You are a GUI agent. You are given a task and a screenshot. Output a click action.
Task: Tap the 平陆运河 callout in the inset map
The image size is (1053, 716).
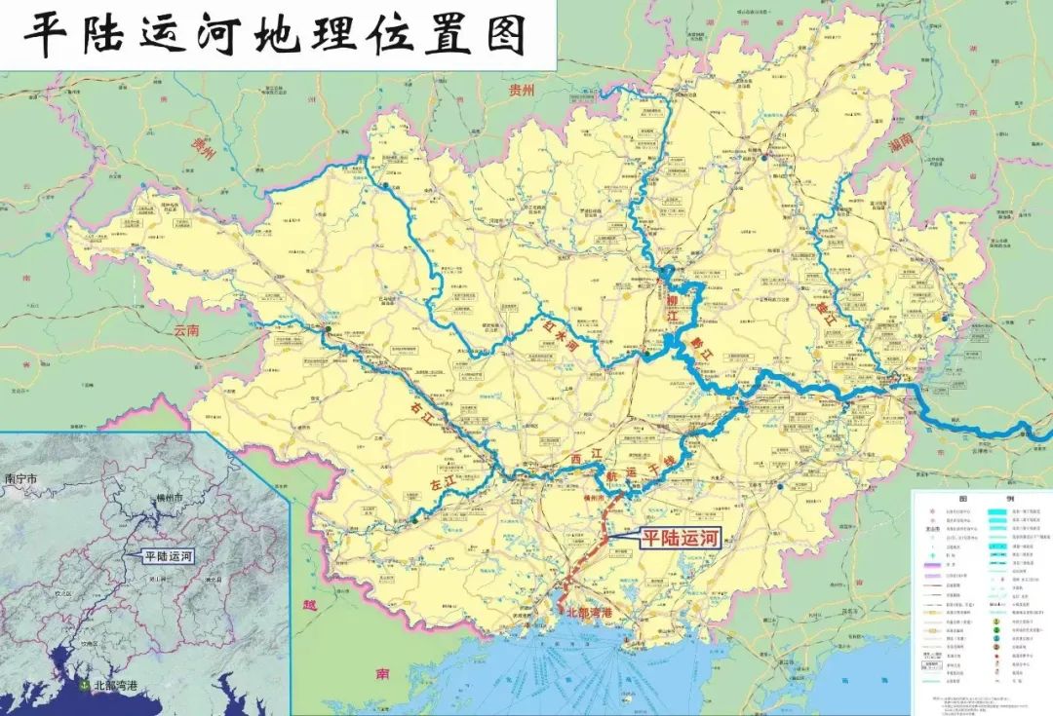(x=168, y=556)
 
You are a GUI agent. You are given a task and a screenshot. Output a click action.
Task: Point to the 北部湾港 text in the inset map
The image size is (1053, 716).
(x=115, y=685)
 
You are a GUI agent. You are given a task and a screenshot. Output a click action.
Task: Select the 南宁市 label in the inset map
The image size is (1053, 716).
(x=20, y=478)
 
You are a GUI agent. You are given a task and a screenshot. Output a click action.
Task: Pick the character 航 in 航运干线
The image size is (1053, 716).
(x=613, y=478)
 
